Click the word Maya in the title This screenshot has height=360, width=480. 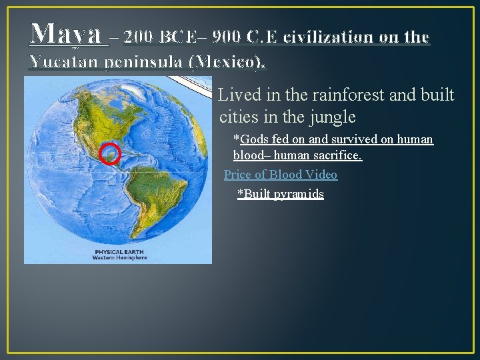tap(66, 33)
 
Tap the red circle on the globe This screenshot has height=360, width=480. tap(110, 153)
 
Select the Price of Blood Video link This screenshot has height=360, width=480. tap(281, 175)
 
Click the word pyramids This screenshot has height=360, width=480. tap(299, 194)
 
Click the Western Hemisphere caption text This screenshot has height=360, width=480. tap(119, 257)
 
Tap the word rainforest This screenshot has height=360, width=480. tap(352, 96)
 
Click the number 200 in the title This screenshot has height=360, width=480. tap(142, 37)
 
